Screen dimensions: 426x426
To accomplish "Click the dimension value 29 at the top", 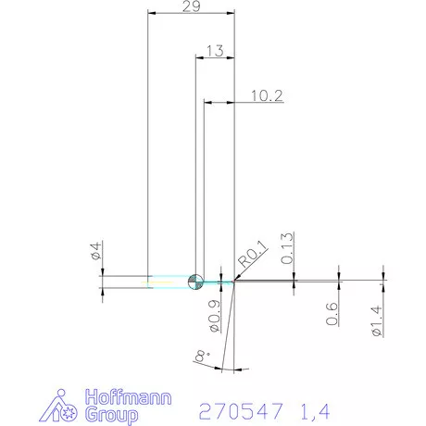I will [x=192, y=7].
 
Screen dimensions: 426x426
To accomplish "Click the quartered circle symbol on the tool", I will [x=195, y=282].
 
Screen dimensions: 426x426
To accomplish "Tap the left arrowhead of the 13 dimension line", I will [x=196, y=58].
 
